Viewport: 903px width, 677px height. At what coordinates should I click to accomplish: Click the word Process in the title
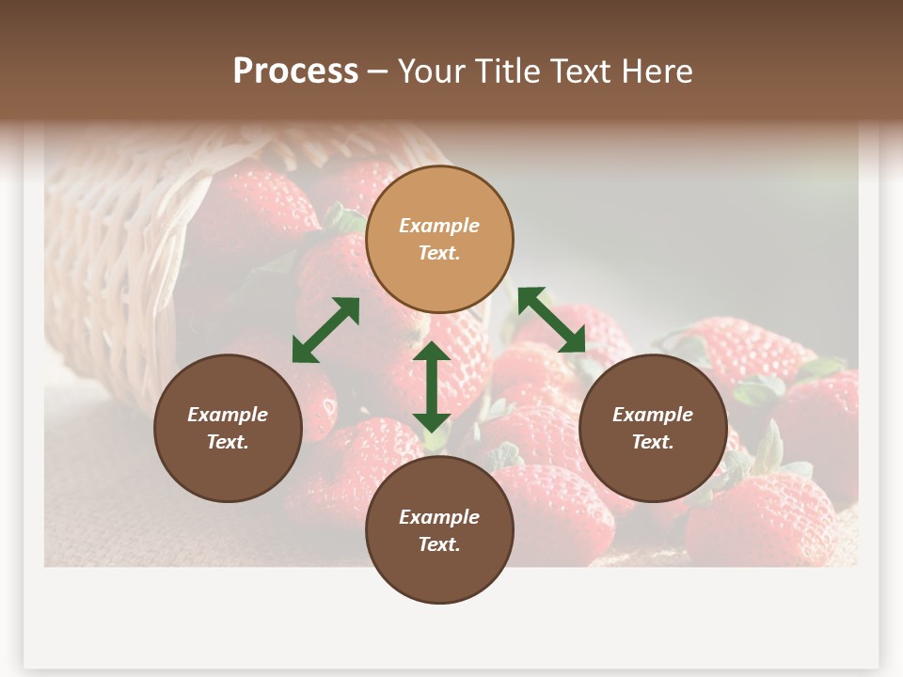click(x=295, y=71)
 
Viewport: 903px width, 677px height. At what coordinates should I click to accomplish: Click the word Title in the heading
click(x=507, y=71)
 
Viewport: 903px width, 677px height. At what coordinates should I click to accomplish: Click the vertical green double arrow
click(x=432, y=386)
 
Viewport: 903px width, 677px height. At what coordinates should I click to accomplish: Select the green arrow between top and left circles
click(x=325, y=330)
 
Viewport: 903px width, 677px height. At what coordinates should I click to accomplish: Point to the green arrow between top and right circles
click(x=551, y=321)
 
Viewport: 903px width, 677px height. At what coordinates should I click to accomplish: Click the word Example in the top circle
click(x=439, y=226)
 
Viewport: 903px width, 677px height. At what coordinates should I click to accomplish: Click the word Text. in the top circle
click(x=439, y=253)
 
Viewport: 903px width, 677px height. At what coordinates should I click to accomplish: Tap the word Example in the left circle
click(x=228, y=415)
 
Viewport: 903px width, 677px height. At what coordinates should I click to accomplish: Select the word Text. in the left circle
click(x=228, y=442)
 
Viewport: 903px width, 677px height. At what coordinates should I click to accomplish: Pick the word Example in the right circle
click(x=653, y=415)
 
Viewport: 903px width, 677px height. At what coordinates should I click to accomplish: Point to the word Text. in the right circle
click(x=653, y=442)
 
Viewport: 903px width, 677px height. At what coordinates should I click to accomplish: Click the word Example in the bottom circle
click(x=439, y=517)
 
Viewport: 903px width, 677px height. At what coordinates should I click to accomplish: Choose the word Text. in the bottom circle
click(x=439, y=544)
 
